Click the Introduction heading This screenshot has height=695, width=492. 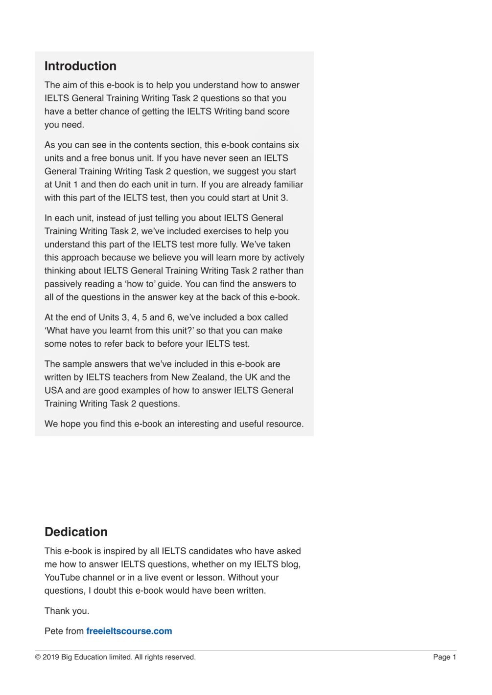point(80,66)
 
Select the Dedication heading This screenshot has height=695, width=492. point(76,532)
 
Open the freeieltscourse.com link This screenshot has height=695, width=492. point(129,631)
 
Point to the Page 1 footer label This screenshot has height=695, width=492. point(444,657)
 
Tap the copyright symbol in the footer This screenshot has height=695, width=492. point(38,657)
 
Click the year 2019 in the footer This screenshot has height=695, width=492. point(50,657)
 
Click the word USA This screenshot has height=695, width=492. point(53,390)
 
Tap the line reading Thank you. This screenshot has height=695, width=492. point(67,611)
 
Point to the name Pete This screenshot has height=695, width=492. point(54,631)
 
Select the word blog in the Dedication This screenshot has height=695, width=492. point(290,564)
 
